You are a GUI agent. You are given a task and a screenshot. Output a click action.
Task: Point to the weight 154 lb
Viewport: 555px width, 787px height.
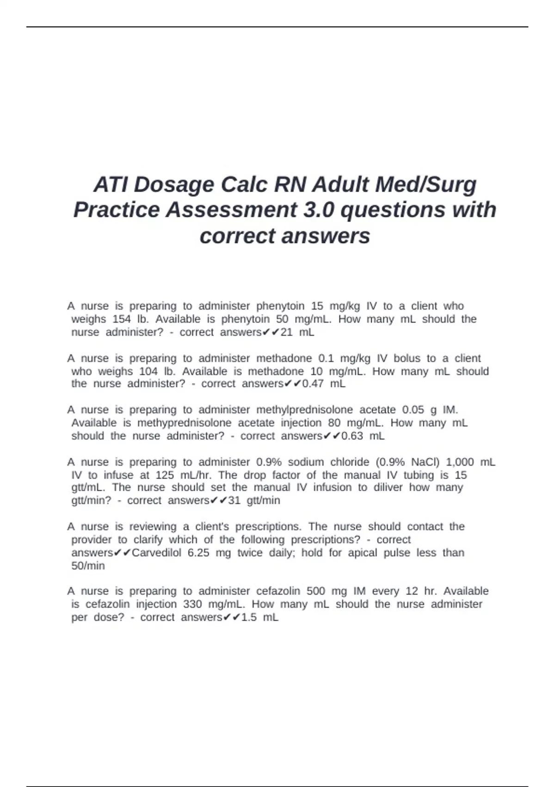tap(131, 319)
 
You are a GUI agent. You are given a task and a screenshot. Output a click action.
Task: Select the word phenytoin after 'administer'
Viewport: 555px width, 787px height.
tap(280, 306)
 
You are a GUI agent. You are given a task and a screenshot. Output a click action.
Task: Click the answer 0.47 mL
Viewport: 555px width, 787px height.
tap(324, 384)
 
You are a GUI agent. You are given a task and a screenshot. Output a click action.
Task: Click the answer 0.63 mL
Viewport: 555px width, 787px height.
tap(363, 436)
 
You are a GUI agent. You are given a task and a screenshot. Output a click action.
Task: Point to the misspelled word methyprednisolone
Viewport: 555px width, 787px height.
tap(184, 423)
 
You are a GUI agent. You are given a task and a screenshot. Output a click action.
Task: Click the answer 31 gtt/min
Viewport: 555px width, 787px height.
tap(254, 500)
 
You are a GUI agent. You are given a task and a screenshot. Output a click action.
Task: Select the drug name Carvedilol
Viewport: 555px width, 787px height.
tap(157, 553)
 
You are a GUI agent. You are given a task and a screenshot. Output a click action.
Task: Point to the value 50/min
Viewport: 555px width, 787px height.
tap(88, 566)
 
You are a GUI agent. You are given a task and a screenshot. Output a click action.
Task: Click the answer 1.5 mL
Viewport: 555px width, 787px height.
tap(260, 618)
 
